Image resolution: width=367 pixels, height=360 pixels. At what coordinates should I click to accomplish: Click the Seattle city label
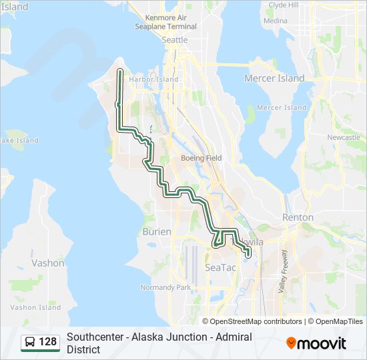175,40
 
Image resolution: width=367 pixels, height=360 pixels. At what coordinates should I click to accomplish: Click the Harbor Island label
154,79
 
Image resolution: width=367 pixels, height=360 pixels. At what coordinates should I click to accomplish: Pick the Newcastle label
344,137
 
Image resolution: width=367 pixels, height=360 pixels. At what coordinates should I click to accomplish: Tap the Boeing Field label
202,158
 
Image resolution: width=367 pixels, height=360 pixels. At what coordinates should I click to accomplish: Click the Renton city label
298,217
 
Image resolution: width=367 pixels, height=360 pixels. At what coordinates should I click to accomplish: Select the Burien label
157,231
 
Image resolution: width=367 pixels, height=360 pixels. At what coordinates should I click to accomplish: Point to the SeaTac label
220,267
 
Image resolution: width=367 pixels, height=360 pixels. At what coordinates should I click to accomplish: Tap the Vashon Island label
35,307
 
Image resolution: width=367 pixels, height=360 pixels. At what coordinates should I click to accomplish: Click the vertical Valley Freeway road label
283,271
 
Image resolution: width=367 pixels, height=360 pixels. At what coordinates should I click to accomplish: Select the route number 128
48,342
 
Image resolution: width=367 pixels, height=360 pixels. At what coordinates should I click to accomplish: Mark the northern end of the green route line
119,70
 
